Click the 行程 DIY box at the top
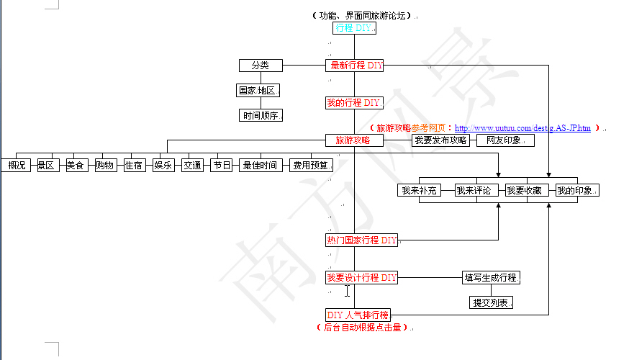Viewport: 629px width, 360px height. pyautogui.click(x=354, y=28)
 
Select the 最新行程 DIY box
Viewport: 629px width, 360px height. pyautogui.click(x=354, y=66)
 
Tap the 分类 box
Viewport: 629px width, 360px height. pyautogui.click(x=260, y=66)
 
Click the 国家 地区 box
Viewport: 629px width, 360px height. pyautogui.click(x=258, y=91)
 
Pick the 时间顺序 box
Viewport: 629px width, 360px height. pyautogui.click(x=260, y=115)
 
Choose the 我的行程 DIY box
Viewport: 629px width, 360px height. pyautogui.click(x=354, y=103)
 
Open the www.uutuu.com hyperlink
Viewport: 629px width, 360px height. pyautogui.click(x=522, y=128)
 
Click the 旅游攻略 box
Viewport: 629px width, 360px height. pyautogui.click(x=354, y=140)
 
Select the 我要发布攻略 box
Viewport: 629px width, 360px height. pyautogui.click(x=440, y=140)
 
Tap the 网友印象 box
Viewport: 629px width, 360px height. pyautogui.click(x=505, y=140)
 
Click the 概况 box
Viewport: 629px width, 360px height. pyautogui.click(x=16, y=166)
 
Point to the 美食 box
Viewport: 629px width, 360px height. pyautogui.click(x=75, y=166)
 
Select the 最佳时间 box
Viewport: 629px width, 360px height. pyautogui.click(x=260, y=166)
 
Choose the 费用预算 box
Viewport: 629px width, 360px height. pyautogui.click(x=310, y=166)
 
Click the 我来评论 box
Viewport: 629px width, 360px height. pyautogui.click(x=473, y=191)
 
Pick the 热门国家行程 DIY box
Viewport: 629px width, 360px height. pyautogui.click(x=361, y=240)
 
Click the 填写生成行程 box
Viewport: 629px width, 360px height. pyautogui.click(x=490, y=278)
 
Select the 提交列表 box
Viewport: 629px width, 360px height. pyautogui.click(x=491, y=303)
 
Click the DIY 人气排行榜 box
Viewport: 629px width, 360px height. pyautogui.click(x=358, y=315)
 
